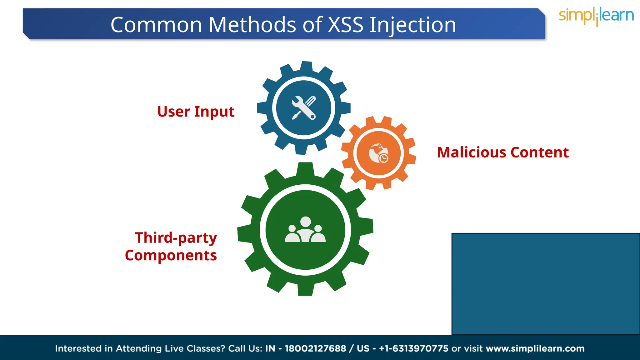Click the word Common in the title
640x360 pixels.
pos(156,25)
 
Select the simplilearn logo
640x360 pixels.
pos(596,16)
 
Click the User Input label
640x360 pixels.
pos(196,112)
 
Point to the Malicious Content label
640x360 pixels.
pos(503,152)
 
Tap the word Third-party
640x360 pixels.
pos(176,238)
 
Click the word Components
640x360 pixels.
pos(171,255)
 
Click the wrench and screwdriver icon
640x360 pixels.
pos(303,108)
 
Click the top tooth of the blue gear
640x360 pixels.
pos(306,67)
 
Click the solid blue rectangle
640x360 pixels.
pos(545,283)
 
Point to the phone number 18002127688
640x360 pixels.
pos(315,348)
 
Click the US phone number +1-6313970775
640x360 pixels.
pos(413,348)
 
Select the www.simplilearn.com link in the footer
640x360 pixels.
pos(535,348)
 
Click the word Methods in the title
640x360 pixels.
pos(252,25)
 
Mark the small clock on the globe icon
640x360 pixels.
pos(384,158)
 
